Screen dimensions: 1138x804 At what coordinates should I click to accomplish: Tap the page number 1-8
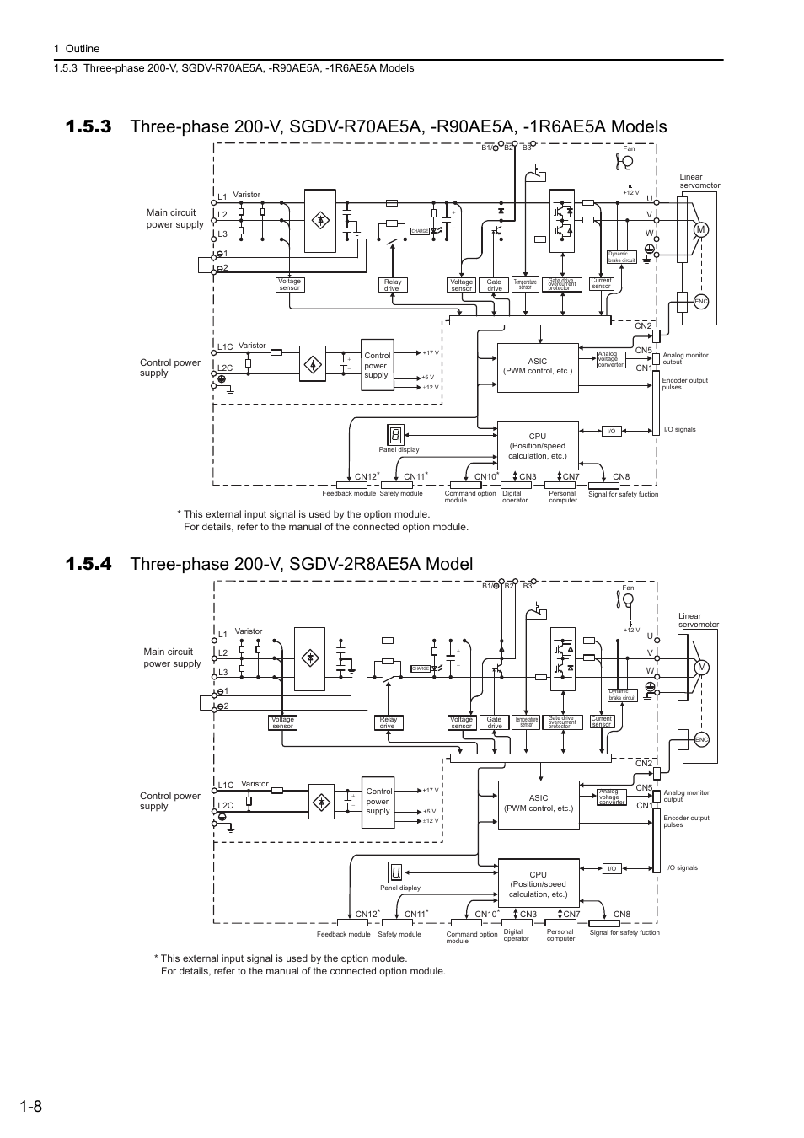pos(26,1107)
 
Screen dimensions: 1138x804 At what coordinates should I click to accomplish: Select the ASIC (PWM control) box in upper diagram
pos(538,367)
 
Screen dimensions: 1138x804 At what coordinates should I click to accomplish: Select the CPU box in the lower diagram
pos(538,884)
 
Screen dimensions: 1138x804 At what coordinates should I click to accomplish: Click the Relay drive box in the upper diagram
pos(393,285)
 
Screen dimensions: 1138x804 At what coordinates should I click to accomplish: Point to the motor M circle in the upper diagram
pos(699,230)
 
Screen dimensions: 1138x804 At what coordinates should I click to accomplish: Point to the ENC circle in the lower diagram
pos(701,739)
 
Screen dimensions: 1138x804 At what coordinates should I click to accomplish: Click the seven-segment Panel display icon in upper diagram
pos(395,435)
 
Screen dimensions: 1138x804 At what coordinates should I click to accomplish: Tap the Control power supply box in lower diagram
pos(378,801)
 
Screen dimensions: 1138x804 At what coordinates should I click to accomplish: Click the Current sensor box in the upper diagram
pos(601,284)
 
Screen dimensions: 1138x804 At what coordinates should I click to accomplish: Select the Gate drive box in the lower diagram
pos(495,722)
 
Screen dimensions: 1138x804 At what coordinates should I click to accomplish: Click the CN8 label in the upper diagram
pos(621,477)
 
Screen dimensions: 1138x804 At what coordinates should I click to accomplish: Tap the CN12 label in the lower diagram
pos(366,915)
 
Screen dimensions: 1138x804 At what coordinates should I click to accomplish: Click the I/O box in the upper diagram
pos(612,431)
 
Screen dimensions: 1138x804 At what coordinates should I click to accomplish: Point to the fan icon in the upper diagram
pos(626,162)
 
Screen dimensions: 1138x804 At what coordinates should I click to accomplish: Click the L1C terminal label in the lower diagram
pos(225,785)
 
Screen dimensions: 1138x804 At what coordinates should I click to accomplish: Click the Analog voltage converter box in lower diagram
pos(611,797)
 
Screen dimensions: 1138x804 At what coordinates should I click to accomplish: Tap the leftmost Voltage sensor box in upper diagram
pos(289,285)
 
